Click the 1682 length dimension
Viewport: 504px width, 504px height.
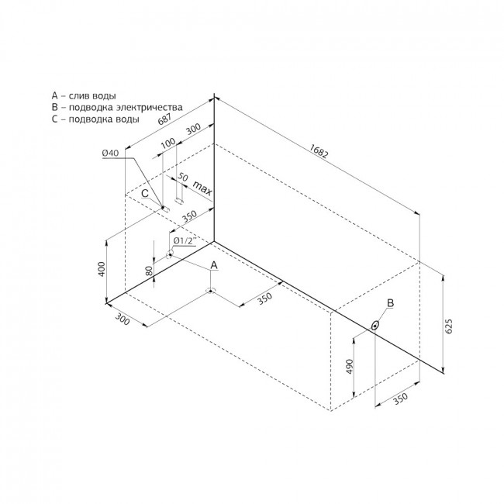tap(319, 150)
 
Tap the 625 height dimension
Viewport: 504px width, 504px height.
tap(449, 326)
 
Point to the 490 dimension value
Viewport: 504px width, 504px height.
tap(350, 366)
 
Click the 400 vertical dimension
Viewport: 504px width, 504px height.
tap(102, 269)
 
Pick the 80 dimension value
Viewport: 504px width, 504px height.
tap(149, 271)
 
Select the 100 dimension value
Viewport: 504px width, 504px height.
tap(167, 143)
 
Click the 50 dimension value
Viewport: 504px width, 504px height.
tap(182, 177)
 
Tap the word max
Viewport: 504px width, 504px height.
tap(202, 188)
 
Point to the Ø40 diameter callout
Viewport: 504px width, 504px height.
tap(110, 153)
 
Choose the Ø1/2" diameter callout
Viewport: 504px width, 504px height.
tap(184, 240)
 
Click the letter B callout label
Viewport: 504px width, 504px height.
tap(391, 302)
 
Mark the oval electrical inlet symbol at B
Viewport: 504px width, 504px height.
tap(375, 326)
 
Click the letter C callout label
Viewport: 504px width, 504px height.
tap(145, 193)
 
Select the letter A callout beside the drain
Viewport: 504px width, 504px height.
tap(214, 265)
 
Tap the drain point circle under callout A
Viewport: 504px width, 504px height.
tap(210, 291)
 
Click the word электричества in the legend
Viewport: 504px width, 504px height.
tap(150, 107)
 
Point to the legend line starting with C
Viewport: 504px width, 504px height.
tap(95, 119)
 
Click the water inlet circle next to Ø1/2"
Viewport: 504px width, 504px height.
tap(169, 254)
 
